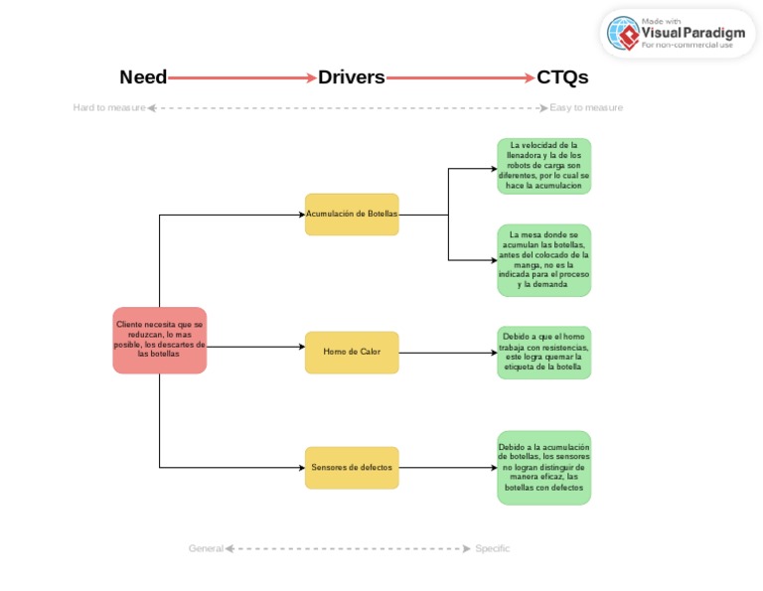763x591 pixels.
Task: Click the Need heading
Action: (143, 77)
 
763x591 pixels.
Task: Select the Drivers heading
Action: (352, 77)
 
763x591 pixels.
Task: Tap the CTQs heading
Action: (562, 77)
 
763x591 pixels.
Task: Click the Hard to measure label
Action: (109, 108)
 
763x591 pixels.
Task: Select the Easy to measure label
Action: (586, 108)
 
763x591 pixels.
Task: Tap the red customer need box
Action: (159, 340)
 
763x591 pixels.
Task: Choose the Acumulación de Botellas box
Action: (352, 215)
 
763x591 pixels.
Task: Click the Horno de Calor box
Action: (352, 352)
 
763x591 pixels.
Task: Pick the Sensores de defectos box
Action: (352, 467)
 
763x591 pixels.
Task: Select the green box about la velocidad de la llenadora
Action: (543, 166)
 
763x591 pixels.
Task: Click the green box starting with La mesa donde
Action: (543, 260)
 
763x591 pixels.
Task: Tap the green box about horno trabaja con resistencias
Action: (543, 352)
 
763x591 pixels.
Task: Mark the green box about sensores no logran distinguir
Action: (543, 467)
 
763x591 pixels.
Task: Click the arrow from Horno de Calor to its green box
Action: (447, 352)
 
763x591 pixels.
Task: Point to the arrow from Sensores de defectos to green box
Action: (447, 467)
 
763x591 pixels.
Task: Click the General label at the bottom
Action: (206, 548)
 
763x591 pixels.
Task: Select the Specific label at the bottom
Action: (492, 548)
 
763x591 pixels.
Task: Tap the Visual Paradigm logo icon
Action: (624, 34)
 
